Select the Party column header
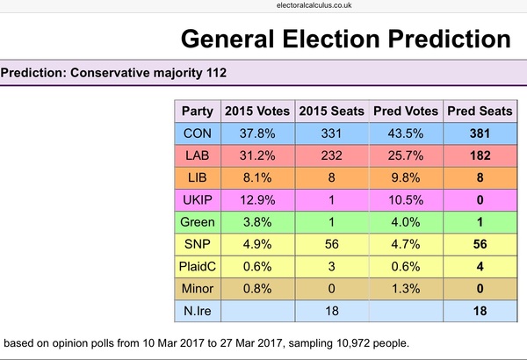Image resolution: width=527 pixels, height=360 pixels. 196,112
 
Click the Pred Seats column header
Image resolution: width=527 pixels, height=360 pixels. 480,112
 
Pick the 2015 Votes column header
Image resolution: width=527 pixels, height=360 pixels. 256,112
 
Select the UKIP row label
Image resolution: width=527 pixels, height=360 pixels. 196,199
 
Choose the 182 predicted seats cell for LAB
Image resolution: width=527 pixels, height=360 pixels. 480,156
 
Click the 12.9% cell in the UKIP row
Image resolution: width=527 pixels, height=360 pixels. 256,199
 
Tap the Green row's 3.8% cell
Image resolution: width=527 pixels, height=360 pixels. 256,221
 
